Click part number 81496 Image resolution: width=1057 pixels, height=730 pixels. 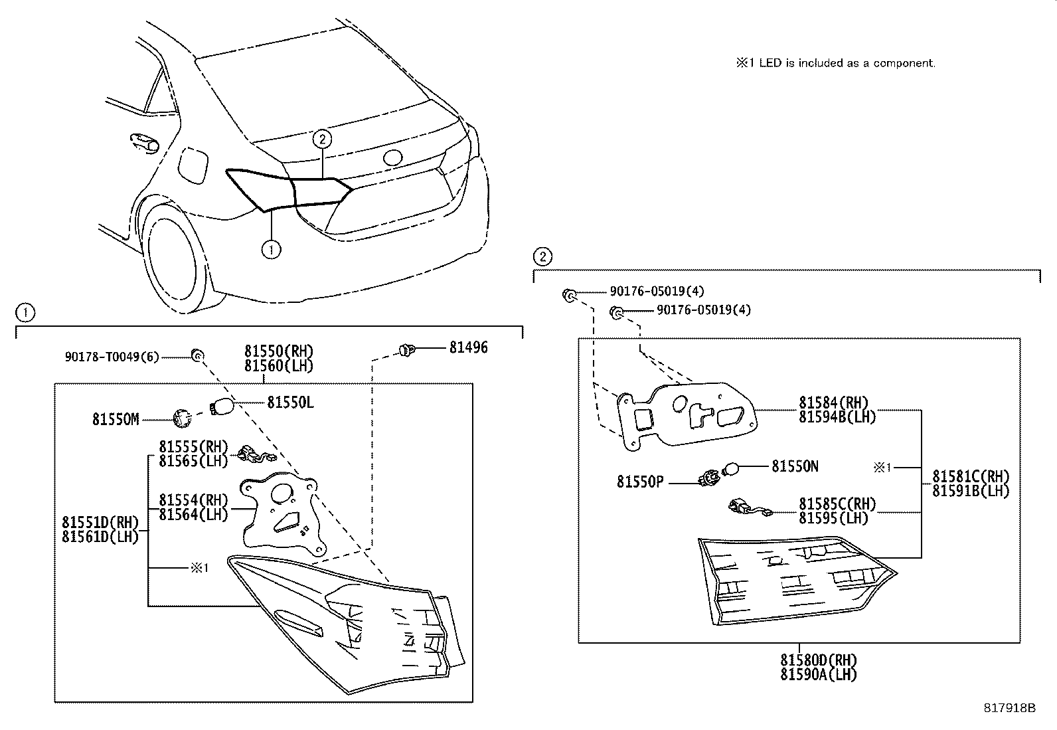click(x=468, y=347)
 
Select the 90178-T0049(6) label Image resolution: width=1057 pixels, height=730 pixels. click(x=112, y=357)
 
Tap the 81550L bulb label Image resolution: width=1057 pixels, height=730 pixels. click(x=290, y=402)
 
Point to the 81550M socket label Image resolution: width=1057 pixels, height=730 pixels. click(x=116, y=419)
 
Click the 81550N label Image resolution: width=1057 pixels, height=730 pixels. click(x=795, y=466)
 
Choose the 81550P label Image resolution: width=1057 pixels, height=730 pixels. click(x=639, y=482)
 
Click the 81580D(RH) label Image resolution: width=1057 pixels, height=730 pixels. click(x=818, y=660)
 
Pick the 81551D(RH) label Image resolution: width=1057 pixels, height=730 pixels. click(x=100, y=523)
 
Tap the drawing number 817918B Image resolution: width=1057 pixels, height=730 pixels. click(x=1009, y=707)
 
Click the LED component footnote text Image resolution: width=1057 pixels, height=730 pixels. click(x=835, y=63)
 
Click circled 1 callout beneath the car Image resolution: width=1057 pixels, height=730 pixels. click(x=271, y=250)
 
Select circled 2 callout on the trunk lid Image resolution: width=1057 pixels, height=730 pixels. click(x=322, y=139)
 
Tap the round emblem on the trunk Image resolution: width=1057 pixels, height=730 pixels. click(x=392, y=158)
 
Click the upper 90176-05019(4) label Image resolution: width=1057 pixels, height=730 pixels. click(x=657, y=291)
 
